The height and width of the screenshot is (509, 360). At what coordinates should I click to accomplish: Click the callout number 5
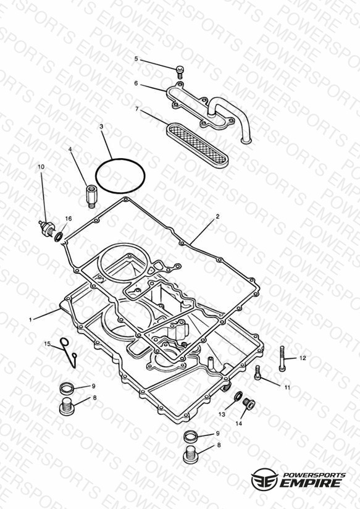pyautogui.click(x=136, y=59)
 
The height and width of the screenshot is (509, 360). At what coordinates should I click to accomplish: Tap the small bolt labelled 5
pyautogui.click(x=180, y=72)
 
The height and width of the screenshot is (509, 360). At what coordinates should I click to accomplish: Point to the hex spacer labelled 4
pyautogui.click(x=90, y=196)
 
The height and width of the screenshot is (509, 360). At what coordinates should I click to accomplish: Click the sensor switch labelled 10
pyautogui.click(x=47, y=228)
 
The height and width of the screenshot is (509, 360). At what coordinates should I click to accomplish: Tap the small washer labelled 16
pyautogui.click(x=59, y=237)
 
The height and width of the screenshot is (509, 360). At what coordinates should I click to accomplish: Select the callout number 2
pyautogui.click(x=217, y=216)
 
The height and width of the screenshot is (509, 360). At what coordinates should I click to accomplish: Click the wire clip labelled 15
pyautogui.click(x=69, y=352)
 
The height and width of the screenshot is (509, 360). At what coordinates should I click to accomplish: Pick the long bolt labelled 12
pyautogui.click(x=282, y=359)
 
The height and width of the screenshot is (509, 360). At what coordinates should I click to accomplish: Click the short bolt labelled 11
pyautogui.click(x=257, y=372)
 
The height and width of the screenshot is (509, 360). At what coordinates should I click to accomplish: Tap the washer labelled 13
pyautogui.click(x=238, y=397)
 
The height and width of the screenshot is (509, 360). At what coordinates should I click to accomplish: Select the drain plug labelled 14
pyautogui.click(x=249, y=403)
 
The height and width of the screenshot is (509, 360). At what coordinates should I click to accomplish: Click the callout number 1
pyautogui.click(x=30, y=320)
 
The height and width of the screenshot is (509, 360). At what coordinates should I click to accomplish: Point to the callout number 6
pyautogui.click(x=136, y=83)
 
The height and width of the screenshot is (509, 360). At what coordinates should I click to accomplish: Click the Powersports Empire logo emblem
pyautogui.click(x=264, y=479)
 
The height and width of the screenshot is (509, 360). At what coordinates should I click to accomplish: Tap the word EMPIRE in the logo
pyautogui.click(x=311, y=483)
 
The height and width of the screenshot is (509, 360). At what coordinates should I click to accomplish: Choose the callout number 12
pyautogui.click(x=303, y=358)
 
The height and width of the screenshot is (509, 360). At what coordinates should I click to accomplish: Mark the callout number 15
pyautogui.click(x=48, y=344)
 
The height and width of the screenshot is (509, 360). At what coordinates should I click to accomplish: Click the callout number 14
pyautogui.click(x=238, y=424)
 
